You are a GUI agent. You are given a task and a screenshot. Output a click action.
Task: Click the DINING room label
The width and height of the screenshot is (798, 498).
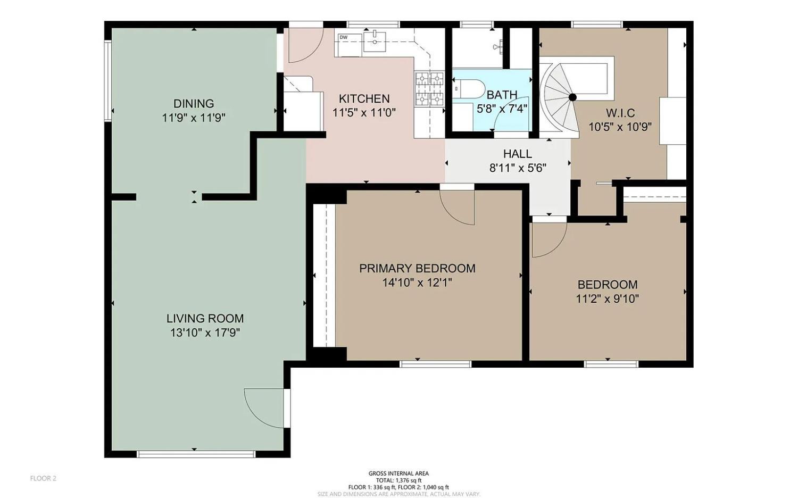coord(194,103)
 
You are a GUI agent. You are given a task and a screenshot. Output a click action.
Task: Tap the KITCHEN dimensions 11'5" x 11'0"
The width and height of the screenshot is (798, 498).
coord(364,113)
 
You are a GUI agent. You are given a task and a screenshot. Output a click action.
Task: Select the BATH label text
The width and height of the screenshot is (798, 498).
coord(502,95)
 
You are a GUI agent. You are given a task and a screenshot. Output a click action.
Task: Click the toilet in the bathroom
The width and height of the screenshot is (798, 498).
coord(468,88)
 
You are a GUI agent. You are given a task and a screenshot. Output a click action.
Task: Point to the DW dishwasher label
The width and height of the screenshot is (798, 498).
coord(344,37)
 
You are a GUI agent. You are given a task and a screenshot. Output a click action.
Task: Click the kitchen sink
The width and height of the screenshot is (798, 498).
coord(376,41)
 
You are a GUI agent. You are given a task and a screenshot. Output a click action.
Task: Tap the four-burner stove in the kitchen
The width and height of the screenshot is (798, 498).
coord(429,88)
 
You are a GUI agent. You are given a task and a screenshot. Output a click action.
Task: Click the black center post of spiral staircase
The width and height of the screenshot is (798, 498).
coord(572,97)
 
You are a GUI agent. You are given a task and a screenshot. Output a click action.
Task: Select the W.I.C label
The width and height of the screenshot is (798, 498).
coord(620,113)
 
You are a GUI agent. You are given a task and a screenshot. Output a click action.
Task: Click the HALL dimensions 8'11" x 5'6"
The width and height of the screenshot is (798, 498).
coord(518,168)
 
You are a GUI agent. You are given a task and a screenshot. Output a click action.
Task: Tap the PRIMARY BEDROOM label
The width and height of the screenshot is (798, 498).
coord(417,268)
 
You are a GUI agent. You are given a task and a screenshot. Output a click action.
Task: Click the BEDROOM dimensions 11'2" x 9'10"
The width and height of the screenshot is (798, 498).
coord(607,298)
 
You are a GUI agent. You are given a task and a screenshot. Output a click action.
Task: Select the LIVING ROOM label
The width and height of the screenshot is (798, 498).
coord(205,318)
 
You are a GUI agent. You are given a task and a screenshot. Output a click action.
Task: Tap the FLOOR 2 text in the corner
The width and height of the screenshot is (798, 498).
coord(43,478)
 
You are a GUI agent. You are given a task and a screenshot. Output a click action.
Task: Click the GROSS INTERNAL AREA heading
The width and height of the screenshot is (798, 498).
coord(398,474)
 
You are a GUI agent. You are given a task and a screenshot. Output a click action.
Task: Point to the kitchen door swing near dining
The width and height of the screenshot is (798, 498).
coord(304,44)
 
